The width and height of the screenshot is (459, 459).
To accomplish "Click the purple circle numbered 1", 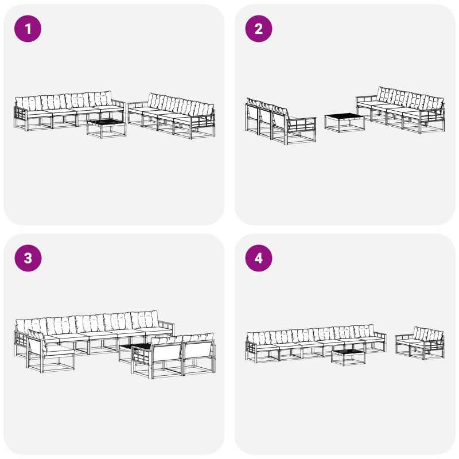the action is click(x=28, y=29).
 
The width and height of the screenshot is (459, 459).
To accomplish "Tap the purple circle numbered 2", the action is click(x=259, y=29).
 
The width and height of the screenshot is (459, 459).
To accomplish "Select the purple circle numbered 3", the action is click(x=28, y=258).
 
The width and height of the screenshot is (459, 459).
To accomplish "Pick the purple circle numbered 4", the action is click(x=259, y=258).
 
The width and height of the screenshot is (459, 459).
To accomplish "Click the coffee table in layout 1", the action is click(x=106, y=128).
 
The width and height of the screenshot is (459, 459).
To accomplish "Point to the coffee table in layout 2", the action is click(x=345, y=123).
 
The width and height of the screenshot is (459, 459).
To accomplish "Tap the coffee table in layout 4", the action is click(x=348, y=357).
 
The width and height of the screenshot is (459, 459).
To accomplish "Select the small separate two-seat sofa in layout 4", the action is click(x=420, y=343).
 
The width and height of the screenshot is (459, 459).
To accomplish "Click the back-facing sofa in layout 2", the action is click(x=281, y=122).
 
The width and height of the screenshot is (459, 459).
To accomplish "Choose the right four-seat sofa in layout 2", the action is click(x=400, y=110).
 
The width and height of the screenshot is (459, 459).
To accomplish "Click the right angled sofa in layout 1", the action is click(x=172, y=115).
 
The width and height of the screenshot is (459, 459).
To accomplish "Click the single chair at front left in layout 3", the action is click(x=50, y=351).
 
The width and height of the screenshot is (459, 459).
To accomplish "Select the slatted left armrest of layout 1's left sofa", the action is click(x=20, y=116).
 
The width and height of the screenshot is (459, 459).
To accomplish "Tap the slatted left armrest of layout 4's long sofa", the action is click(x=251, y=351).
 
